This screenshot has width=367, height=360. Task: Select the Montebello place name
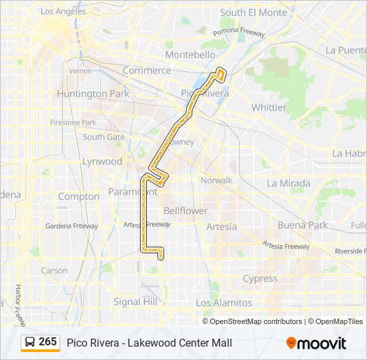tap(190, 55)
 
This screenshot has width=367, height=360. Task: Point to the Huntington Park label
tap(93, 94)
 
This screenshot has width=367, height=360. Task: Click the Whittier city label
tap(269, 107)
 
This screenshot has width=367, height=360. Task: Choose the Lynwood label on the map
tap(102, 161)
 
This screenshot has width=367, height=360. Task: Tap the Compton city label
tap(79, 197)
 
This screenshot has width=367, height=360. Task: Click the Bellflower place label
tap(186, 211)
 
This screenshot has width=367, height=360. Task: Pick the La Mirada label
tap(288, 183)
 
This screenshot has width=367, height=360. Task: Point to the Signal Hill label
tap(136, 302)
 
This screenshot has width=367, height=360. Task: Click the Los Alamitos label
tap(224, 303)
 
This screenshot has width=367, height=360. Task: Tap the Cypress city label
tap(260, 279)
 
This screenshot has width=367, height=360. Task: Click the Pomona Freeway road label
tap(240, 32)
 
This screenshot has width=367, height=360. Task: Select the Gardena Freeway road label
tap(71, 226)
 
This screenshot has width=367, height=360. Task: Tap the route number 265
tap(48, 342)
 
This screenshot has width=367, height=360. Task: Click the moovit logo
tap(316, 343)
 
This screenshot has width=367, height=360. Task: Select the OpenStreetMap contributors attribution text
tap(256, 321)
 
